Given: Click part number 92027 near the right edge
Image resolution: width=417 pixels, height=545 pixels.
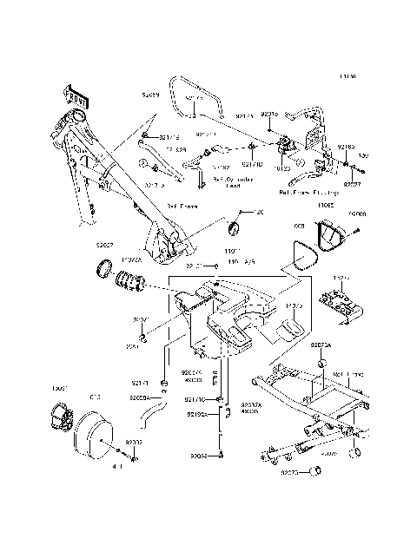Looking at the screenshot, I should click(x=351, y=184).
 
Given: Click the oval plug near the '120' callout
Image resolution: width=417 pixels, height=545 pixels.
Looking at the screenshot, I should click(x=232, y=227).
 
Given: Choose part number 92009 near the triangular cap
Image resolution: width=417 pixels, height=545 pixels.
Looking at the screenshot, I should click(x=357, y=213).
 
